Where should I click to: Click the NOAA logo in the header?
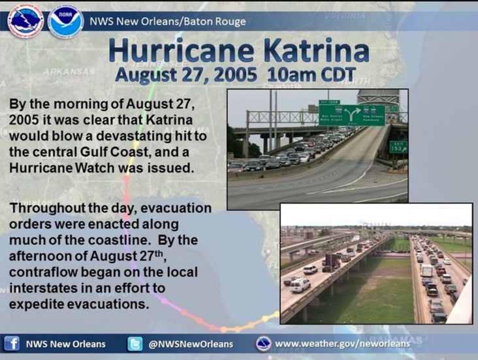66,22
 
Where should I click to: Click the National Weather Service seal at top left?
26,22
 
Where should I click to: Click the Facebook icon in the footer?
12,344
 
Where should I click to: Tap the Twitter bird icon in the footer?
135,344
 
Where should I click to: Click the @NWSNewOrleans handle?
191,344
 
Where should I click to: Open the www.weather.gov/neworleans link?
343,344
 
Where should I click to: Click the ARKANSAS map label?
69,72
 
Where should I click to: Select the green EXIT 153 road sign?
399,147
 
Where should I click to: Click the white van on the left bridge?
300,286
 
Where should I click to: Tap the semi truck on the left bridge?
331,263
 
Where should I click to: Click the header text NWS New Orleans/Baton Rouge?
168,22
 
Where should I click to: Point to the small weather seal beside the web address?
264,344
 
